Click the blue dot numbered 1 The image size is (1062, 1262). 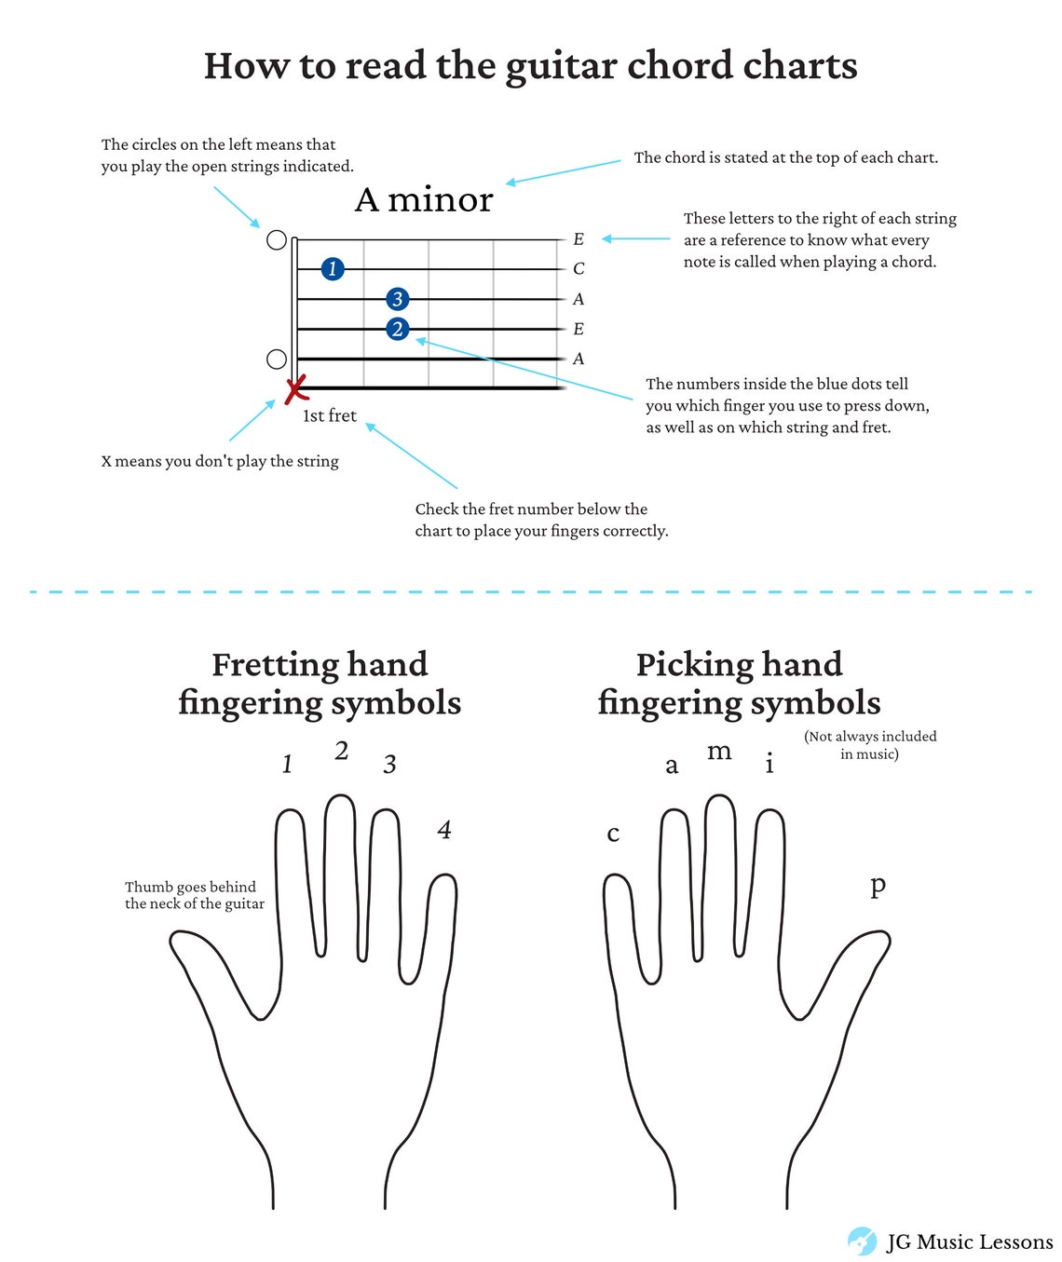click(333, 268)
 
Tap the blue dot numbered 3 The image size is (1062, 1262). click(397, 299)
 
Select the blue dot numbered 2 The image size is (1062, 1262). click(397, 329)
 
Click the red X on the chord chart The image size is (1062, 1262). click(296, 388)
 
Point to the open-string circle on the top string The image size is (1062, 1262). click(277, 240)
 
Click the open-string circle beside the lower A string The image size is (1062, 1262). click(277, 359)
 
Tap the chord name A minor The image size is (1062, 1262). click(424, 199)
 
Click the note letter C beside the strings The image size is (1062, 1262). click(579, 268)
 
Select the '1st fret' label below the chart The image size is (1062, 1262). click(330, 415)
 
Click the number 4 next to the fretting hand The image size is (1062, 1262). click(444, 830)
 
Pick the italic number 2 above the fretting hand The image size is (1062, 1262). click(342, 752)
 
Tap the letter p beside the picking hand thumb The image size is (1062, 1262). click(878, 888)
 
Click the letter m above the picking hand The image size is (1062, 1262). click(719, 752)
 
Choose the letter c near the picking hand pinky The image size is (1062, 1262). click(613, 835)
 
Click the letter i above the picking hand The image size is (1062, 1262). click(769, 763)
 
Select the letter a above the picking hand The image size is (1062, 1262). click(672, 767)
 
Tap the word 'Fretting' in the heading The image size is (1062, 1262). click(275, 665)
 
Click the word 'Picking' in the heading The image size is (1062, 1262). click(695, 665)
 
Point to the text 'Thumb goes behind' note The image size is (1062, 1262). click(190, 887)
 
